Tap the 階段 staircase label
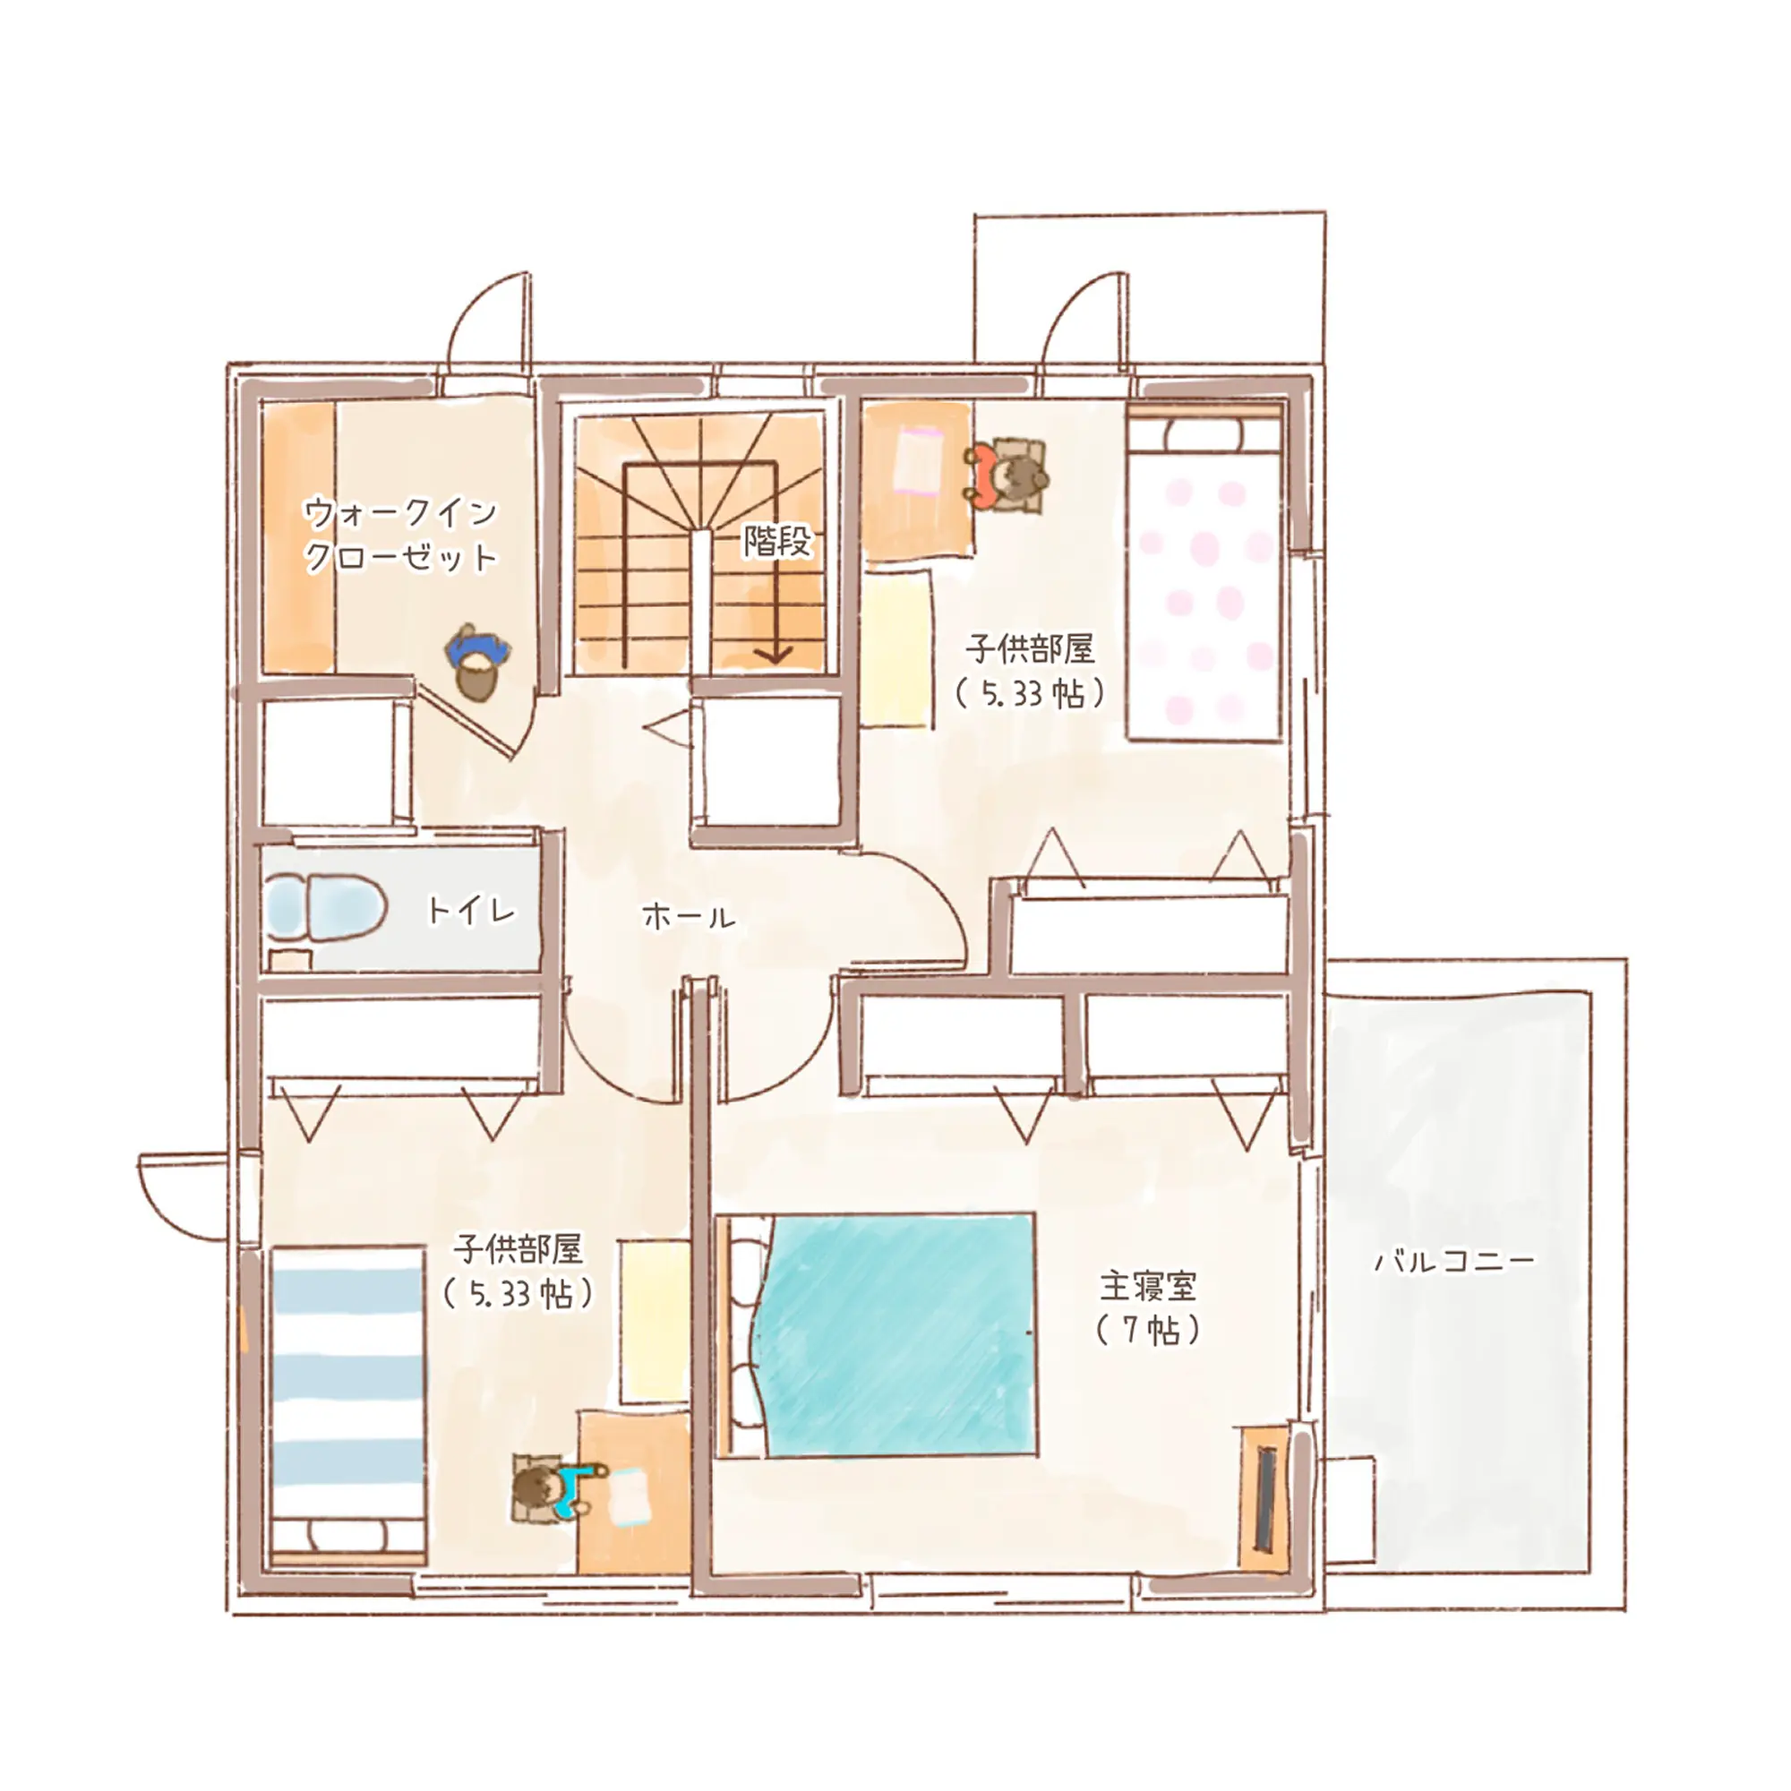pos(776,542)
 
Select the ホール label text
pos(689,918)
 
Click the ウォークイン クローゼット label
pos(400,535)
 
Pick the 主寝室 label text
pos(1148,1286)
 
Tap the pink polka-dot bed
pos(1204,576)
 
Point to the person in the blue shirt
pos(478,664)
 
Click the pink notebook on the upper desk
pos(918,459)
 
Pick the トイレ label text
pos(471,911)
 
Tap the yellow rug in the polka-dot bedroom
pos(895,648)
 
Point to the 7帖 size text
pos(1148,1332)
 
